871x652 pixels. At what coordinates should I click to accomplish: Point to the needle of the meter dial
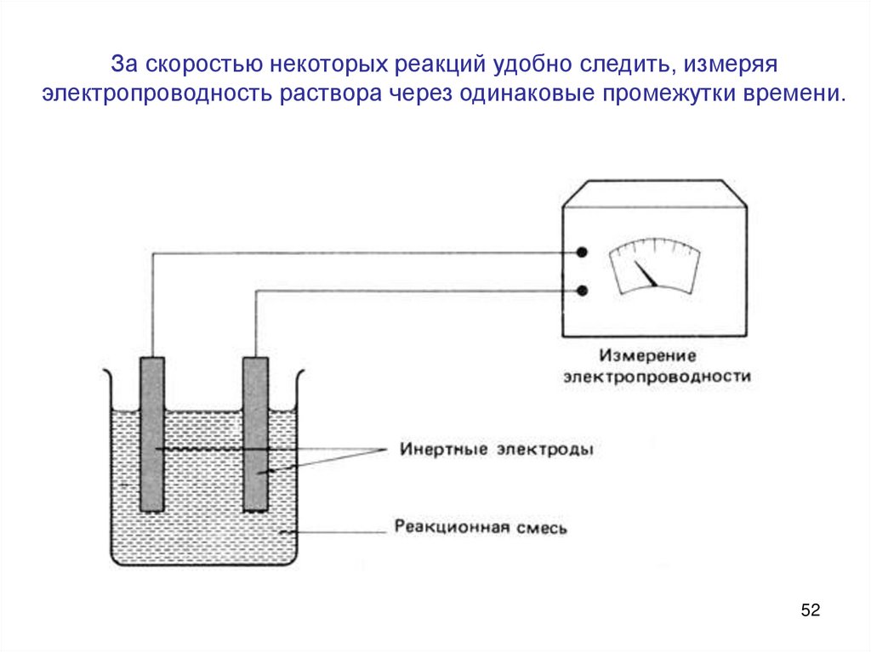coord(647,275)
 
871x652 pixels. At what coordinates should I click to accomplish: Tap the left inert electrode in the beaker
coord(152,434)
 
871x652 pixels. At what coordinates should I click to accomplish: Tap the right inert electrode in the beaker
coord(255,434)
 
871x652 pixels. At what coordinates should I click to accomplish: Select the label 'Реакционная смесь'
coord(481,527)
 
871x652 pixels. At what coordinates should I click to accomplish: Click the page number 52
coord(810,610)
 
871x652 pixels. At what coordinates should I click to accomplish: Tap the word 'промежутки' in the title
coord(671,92)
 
